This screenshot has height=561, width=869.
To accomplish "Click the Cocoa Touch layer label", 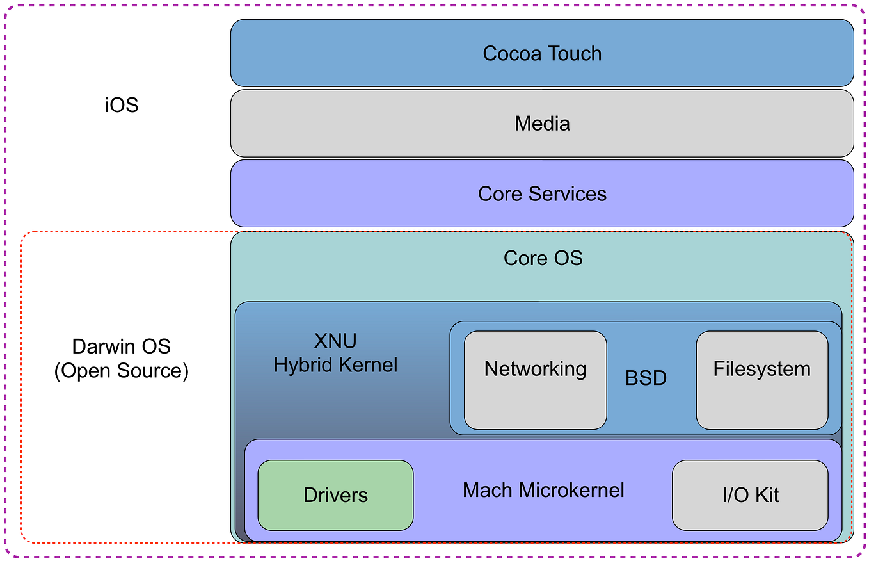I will pos(542,53).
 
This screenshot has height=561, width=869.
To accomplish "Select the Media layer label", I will pos(542,123).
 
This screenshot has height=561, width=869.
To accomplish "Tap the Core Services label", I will pos(542,193).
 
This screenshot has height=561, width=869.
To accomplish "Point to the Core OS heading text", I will pos(543,257).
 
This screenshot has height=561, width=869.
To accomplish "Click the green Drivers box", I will pos(335,495).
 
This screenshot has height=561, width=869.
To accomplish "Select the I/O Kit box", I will pos(750,495).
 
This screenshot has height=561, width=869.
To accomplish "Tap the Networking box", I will pos(535,379).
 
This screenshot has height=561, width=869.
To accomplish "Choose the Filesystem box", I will pos(761,379).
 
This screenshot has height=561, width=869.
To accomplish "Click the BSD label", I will pos(646,378).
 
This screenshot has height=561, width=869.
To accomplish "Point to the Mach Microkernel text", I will pos(543,491).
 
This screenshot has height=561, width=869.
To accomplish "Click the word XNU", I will pos(335,341).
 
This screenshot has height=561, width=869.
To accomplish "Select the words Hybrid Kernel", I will pos(335,365).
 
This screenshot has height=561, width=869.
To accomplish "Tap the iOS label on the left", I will pos(122,104).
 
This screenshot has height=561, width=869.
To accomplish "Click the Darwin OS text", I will pos(122,346).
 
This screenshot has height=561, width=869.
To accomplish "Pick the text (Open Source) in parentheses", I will pos(122,371).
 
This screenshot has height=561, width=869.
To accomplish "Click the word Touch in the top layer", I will pos(573,53).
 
